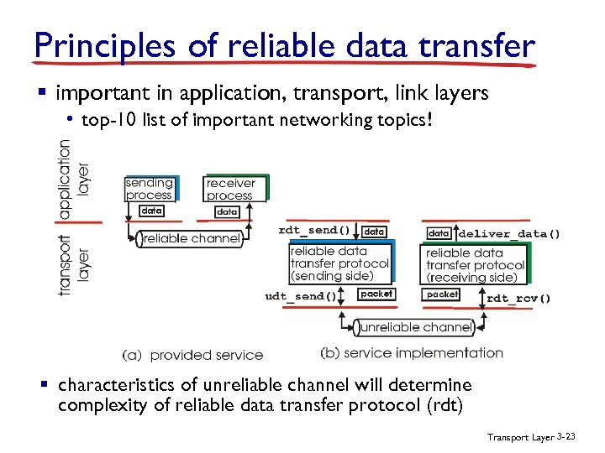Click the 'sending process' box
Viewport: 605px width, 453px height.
149,189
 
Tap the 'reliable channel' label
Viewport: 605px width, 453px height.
192,239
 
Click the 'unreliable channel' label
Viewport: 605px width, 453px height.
413,327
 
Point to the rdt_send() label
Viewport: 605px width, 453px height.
314,230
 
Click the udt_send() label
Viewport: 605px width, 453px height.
301,295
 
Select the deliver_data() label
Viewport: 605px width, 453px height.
509,233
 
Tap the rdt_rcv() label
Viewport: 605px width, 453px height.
518,298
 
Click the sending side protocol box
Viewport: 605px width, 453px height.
339,263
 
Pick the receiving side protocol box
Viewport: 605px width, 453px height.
475,264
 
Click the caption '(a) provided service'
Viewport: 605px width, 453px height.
193,355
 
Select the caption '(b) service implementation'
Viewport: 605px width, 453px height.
412,353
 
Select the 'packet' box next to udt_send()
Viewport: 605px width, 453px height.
376,294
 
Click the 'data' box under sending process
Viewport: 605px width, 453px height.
151,211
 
